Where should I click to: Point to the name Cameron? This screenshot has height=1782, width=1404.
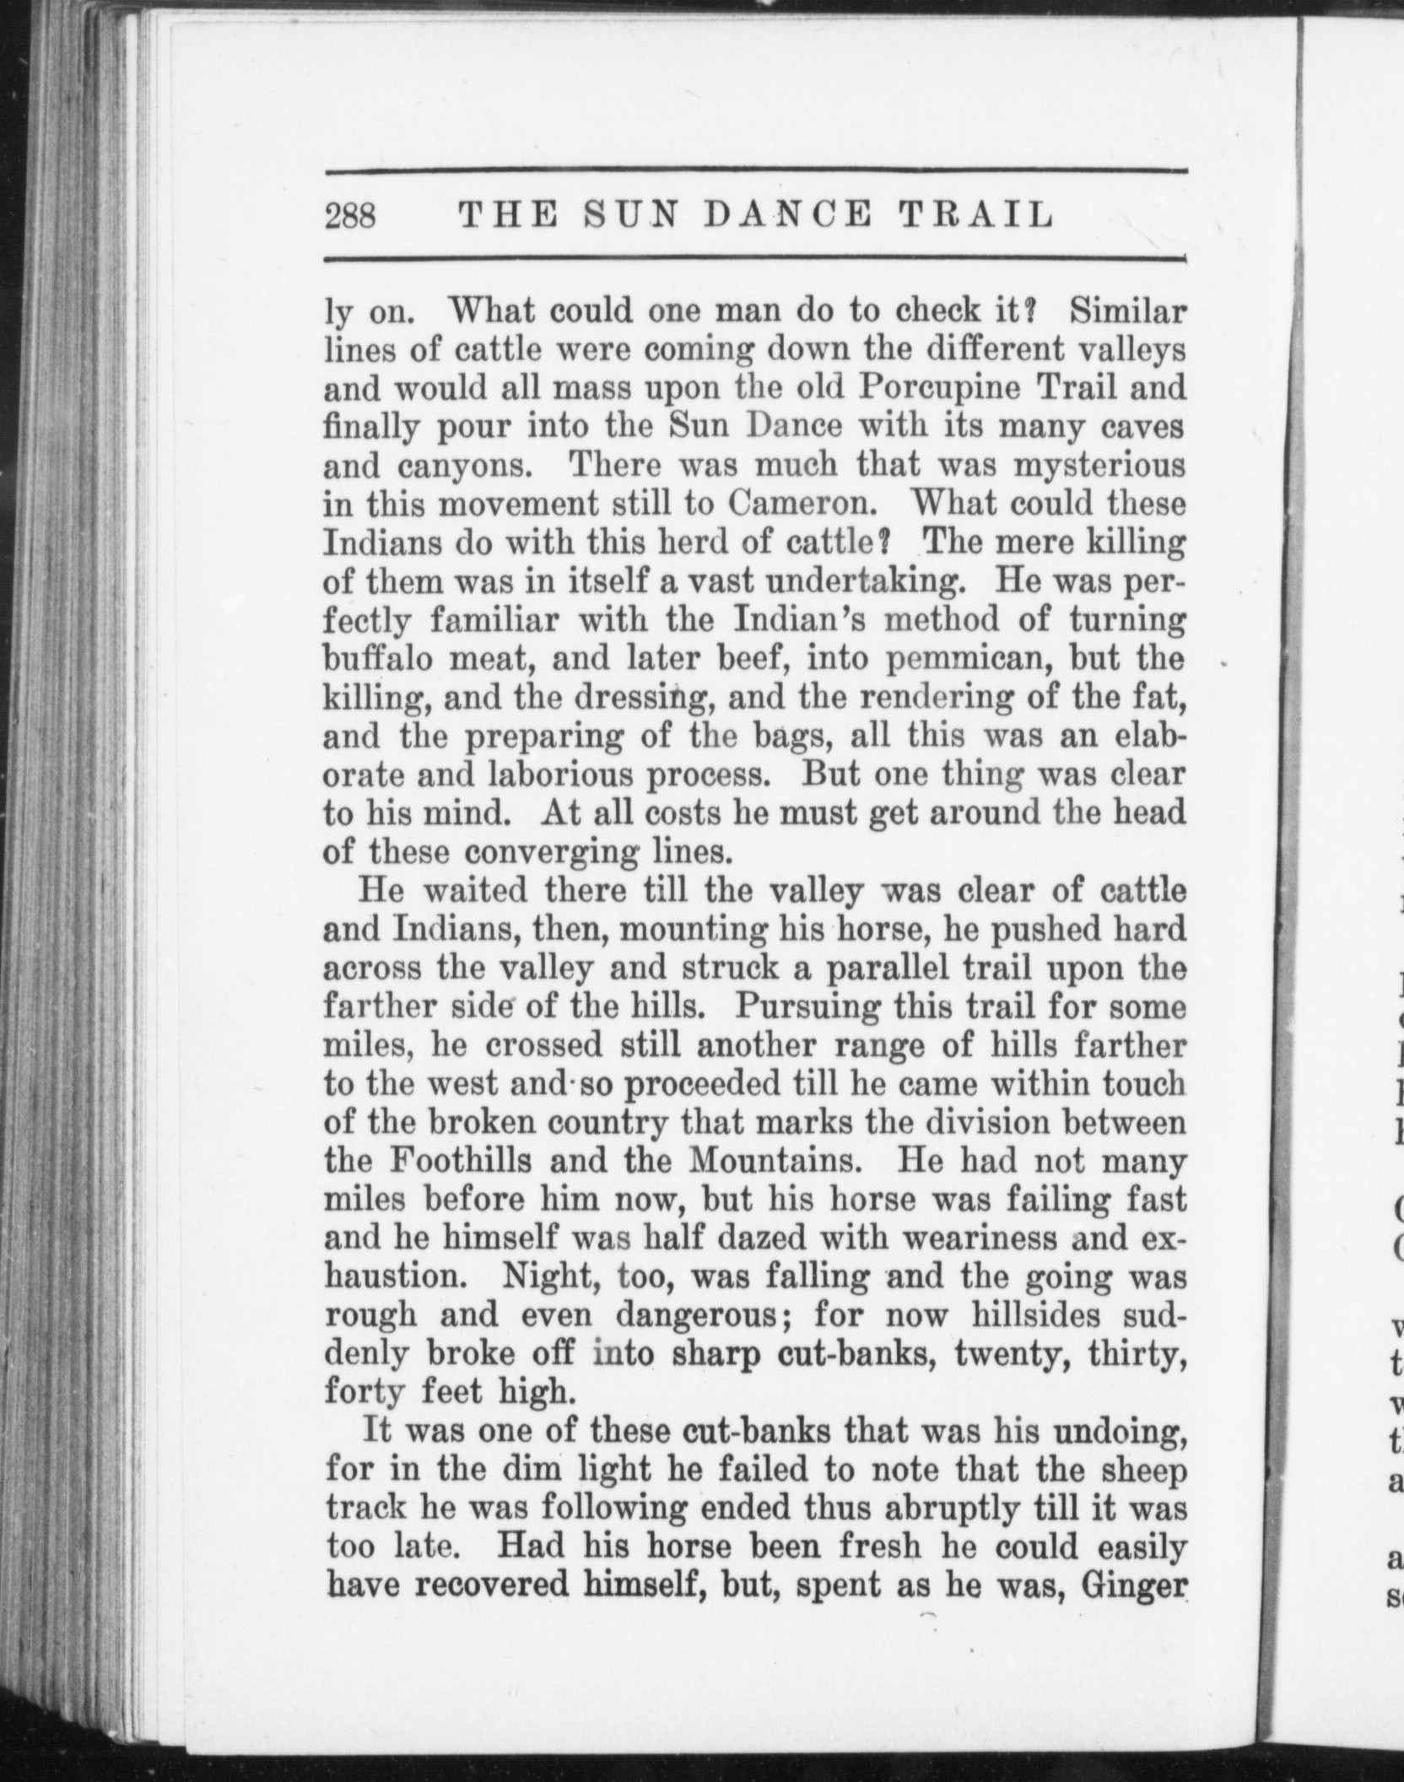coord(799,504)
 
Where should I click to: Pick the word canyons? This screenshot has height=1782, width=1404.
coord(431,467)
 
